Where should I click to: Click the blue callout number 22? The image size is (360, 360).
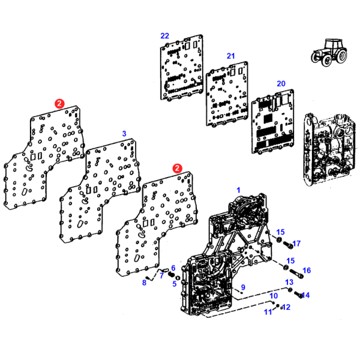click(x=164, y=36)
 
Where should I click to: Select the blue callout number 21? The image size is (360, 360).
click(x=231, y=56)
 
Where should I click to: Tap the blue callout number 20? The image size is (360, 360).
click(x=281, y=83)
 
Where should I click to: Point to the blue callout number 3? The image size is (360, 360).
click(x=124, y=133)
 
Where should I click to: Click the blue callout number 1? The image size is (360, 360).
click(x=239, y=190)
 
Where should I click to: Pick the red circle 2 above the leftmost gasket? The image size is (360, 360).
click(x=59, y=104)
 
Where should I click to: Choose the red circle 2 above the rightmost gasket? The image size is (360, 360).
click(x=177, y=168)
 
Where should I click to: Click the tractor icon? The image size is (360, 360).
click(x=329, y=53)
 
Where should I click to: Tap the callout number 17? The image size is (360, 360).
click(x=296, y=244)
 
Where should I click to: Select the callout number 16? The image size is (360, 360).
click(x=307, y=271)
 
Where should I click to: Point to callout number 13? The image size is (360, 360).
click(x=289, y=282)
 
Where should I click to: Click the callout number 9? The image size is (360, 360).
click(x=243, y=287)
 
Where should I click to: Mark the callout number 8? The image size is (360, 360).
click(x=144, y=283)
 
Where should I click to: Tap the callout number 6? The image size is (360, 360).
click(x=173, y=268)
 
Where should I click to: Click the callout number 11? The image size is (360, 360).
click(x=268, y=312)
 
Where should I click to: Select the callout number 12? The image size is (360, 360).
click(x=286, y=307)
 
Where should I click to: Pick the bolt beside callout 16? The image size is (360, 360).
click(x=296, y=274)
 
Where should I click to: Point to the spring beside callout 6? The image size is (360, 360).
click(x=170, y=274)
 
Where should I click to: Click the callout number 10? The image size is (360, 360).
click(x=274, y=295)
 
